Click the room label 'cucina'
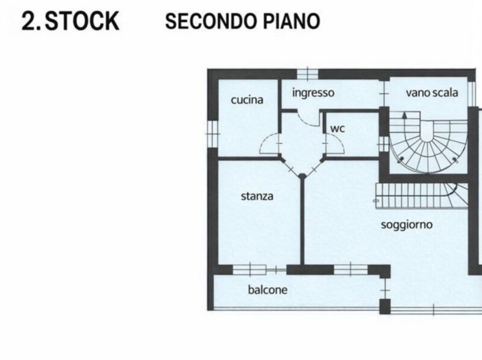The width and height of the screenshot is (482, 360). (x=247, y=100)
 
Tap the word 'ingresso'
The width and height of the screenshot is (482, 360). (x=313, y=93)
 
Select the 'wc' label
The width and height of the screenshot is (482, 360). (x=336, y=129)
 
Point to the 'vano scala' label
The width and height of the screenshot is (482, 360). (x=431, y=93)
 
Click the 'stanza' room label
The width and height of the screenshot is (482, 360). (x=257, y=196)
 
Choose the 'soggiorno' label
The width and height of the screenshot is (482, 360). (x=407, y=225)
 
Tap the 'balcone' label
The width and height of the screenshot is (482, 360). (x=268, y=290)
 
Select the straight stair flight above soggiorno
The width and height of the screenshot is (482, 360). (x=416, y=195)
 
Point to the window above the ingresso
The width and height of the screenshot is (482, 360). (x=307, y=74)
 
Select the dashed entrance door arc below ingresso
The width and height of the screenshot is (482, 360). (x=308, y=117)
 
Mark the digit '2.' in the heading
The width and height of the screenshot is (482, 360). (x=31, y=21)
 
